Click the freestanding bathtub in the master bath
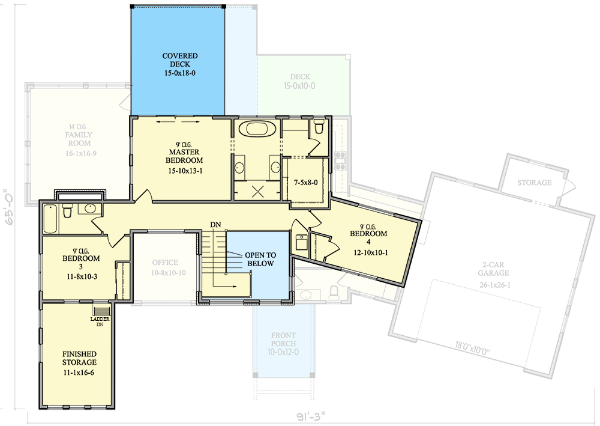pos(256,129)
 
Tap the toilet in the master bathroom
pos(319,126)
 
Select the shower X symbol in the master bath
pos(257,192)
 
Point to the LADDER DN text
pos(98,321)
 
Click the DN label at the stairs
pos(215,225)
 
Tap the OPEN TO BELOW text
pos(259,260)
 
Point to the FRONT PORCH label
pos(283,340)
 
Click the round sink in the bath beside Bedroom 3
pos(90,209)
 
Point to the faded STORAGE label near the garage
pos(534,183)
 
